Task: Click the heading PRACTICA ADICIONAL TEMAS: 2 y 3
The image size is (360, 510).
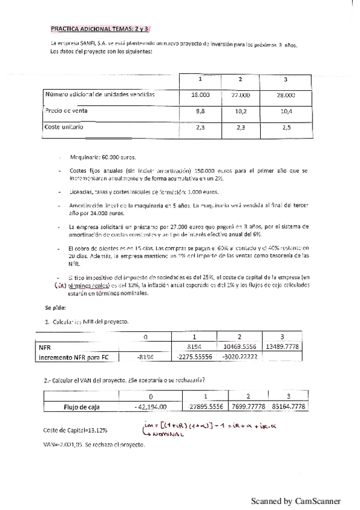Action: click(100, 28)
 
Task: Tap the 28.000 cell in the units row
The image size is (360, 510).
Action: click(286, 95)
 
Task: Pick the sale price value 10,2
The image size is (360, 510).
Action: click(240, 111)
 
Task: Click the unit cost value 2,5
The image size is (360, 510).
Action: click(286, 127)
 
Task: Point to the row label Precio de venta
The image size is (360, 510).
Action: click(67, 111)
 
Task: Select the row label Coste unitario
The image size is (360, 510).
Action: click(64, 127)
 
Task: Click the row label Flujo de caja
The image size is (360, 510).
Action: click(82, 407)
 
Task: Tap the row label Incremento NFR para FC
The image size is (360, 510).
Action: click(73, 357)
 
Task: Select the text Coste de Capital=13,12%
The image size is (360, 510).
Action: click(75, 430)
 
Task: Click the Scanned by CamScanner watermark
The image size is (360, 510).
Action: click(295, 500)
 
